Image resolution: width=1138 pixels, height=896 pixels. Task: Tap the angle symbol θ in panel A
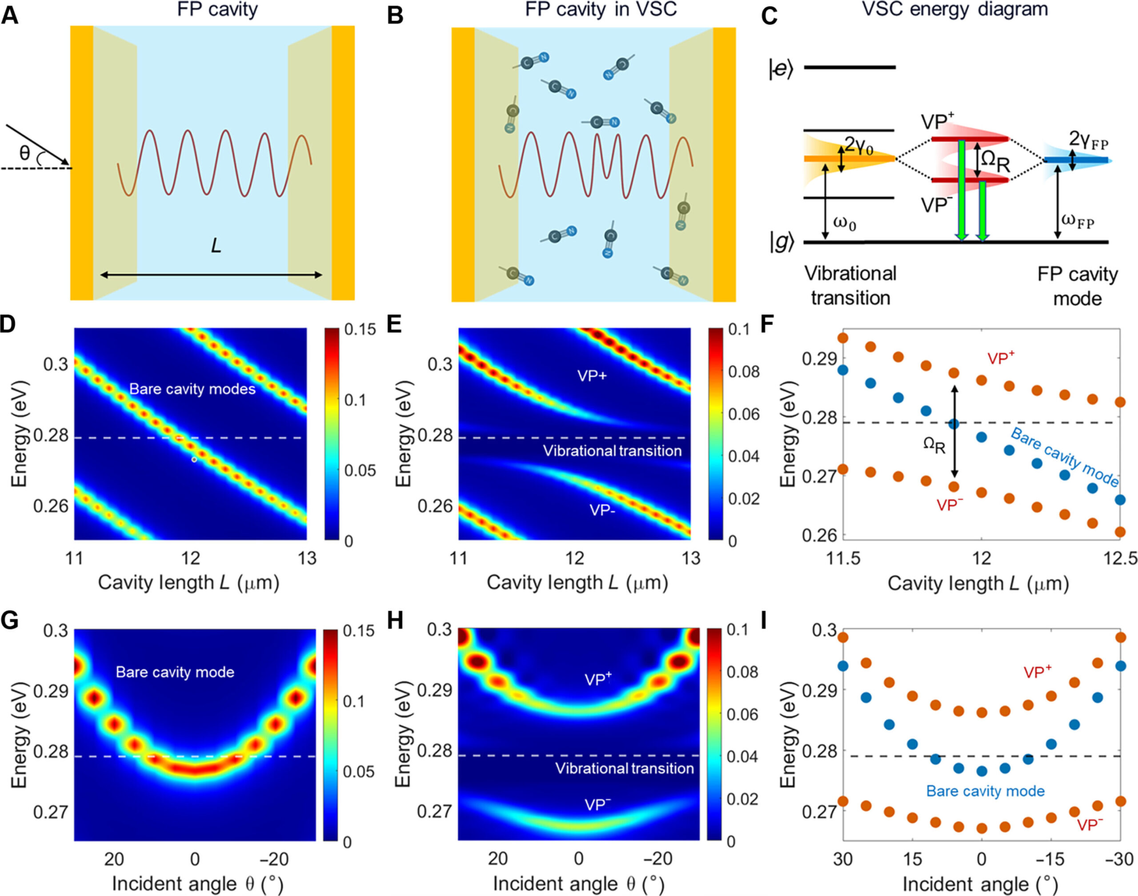[24, 153]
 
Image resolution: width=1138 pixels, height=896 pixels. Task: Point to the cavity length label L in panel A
[216, 246]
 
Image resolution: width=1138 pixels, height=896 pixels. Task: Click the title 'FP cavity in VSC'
[601, 9]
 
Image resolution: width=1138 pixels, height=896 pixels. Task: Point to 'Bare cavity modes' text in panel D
[192, 389]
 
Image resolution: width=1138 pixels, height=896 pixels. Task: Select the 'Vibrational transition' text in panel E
[612, 450]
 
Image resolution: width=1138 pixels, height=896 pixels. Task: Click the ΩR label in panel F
[934, 446]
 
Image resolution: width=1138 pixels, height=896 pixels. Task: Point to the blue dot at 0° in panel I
[981, 771]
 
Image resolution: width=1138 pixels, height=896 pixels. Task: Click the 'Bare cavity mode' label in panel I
[985, 792]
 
